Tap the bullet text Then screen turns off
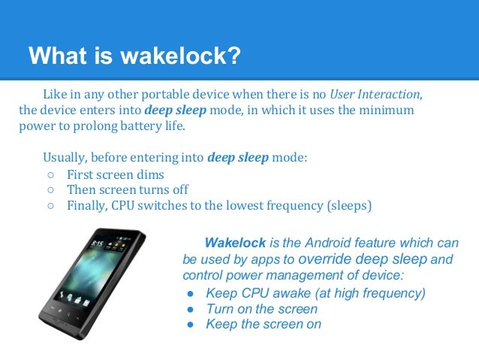127,189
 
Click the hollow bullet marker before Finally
50,205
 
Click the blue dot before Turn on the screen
191,309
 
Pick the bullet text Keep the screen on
263,325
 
